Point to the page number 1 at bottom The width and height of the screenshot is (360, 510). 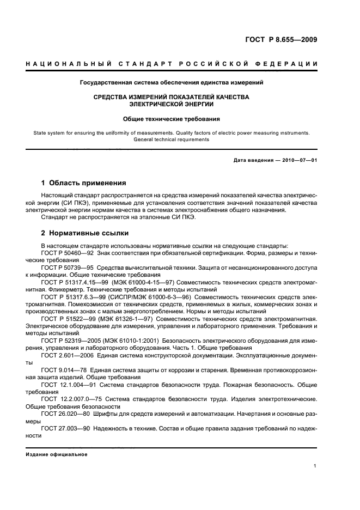coord(315,466)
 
